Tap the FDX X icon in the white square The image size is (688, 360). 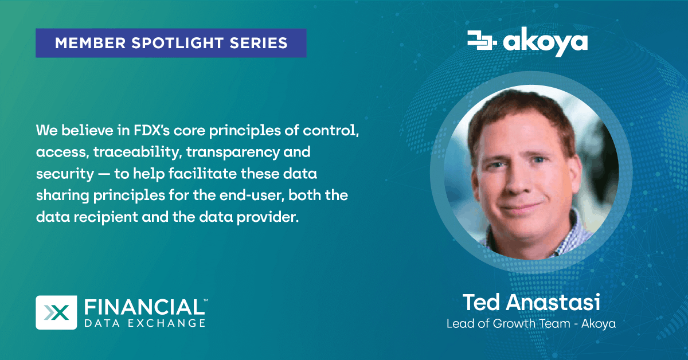pos(57,312)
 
